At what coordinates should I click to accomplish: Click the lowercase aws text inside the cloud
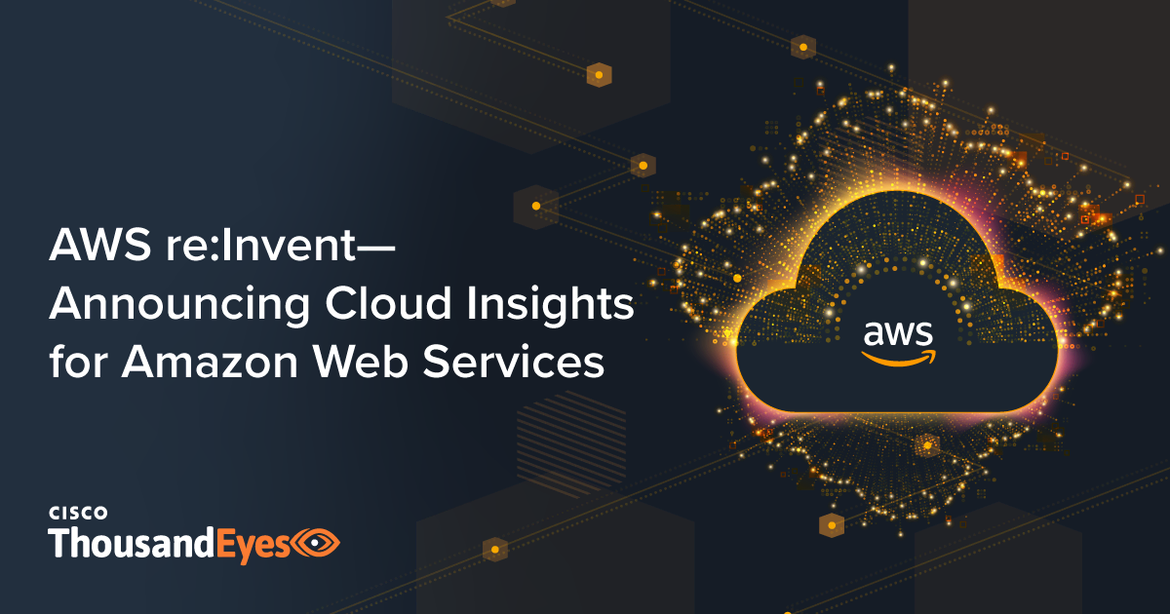897,334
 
